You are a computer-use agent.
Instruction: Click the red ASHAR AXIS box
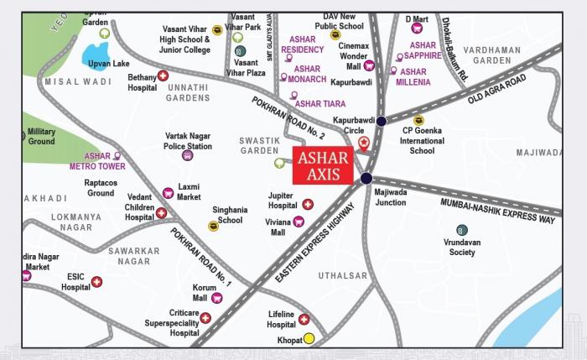click(x=323, y=166)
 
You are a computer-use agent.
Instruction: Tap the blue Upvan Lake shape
click(x=97, y=58)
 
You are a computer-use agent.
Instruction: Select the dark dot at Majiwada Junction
click(x=366, y=178)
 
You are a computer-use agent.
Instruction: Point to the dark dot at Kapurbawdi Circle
click(x=382, y=121)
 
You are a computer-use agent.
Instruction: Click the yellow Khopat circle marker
click(x=309, y=339)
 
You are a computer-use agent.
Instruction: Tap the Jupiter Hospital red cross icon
click(x=308, y=204)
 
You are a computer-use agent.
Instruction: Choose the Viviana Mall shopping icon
click(x=298, y=222)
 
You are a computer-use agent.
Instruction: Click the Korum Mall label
click(x=200, y=293)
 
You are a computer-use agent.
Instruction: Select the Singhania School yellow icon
click(x=213, y=226)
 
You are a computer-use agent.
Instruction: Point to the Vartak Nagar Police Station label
click(x=188, y=140)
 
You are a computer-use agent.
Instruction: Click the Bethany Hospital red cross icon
click(x=164, y=76)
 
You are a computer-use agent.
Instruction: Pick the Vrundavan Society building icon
click(x=461, y=230)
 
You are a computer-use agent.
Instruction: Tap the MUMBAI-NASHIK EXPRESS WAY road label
click(x=498, y=210)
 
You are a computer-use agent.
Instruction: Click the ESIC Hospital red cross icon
click(x=97, y=282)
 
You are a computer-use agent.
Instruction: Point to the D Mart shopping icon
click(x=416, y=29)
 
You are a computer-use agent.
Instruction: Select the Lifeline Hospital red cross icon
click(x=304, y=319)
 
